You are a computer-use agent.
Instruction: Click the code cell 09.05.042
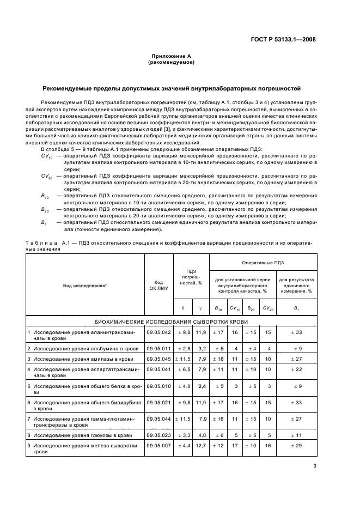[158, 332]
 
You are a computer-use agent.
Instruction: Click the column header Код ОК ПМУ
[158, 285]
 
